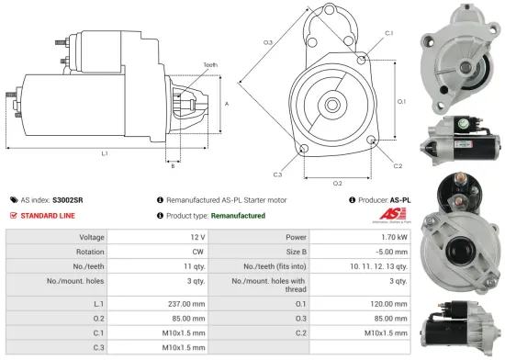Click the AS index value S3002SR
(x=66, y=199)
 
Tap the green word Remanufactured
(x=238, y=216)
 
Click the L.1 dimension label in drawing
(x=105, y=152)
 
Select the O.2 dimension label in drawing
(x=337, y=182)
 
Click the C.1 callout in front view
(x=389, y=33)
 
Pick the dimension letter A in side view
(x=226, y=104)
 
